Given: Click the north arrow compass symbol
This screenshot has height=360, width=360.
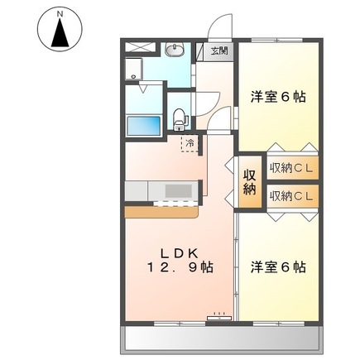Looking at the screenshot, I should click(60, 34).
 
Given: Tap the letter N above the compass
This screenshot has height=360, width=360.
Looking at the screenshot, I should click(60, 14).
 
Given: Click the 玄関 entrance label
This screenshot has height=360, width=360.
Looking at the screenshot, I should click(220, 51).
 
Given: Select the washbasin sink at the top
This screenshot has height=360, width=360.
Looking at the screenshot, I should click(174, 52).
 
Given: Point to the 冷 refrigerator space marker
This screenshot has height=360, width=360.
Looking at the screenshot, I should click(190, 143).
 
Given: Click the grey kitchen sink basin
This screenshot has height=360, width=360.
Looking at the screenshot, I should click(176, 191).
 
